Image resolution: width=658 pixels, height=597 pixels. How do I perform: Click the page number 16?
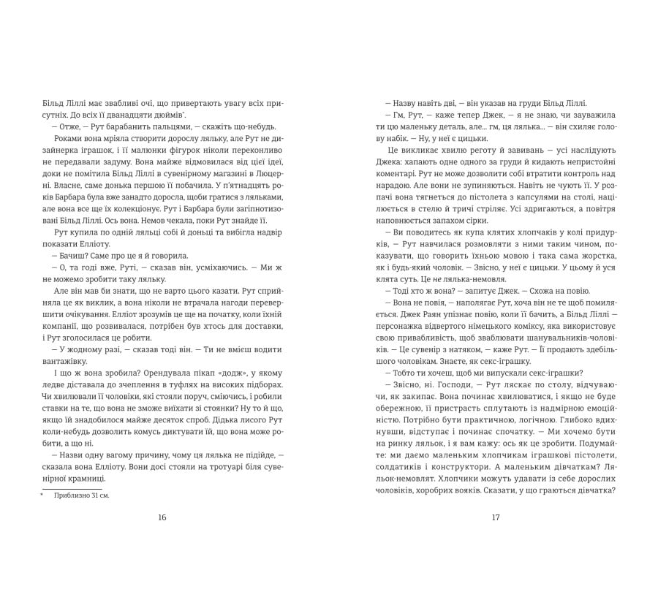[162, 517]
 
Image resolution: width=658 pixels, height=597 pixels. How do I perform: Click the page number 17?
[495, 517]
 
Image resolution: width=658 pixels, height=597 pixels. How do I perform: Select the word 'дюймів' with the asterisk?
[172, 115]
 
